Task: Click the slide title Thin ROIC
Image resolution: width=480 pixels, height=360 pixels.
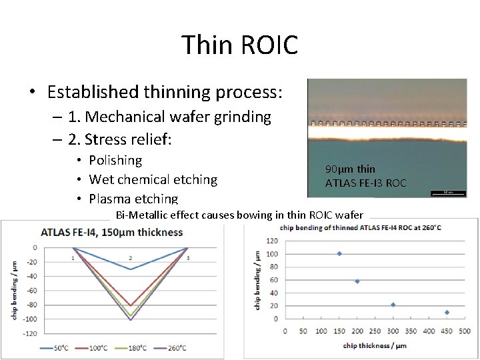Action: pos(239,45)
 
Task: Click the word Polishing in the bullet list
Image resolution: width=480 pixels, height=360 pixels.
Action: pos(115,161)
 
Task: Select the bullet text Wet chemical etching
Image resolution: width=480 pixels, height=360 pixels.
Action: pos(153,180)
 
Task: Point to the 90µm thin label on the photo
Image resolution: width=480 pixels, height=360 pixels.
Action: pos(349,169)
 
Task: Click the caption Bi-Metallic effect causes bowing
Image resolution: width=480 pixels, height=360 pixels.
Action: pos(239,215)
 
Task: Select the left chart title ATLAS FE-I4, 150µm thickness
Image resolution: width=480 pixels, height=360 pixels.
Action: pos(112,233)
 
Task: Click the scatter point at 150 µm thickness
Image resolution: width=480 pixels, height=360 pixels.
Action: pos(339,253)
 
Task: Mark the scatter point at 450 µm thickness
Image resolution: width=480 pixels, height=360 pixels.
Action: pos(447,312)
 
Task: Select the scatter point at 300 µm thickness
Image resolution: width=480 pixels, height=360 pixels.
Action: pos(393,305)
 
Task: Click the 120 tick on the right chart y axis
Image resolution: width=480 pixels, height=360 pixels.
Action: pos(272,241)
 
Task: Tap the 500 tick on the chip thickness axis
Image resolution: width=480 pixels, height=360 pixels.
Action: pos(465,331)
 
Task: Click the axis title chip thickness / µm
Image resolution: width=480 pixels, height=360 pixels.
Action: pos(375,345)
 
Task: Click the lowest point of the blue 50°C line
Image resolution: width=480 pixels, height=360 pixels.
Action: pos(130,269)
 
